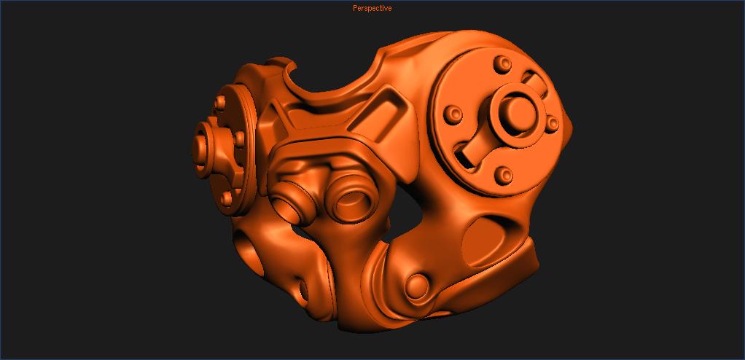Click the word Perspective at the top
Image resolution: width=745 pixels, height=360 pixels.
(x=372, y=9)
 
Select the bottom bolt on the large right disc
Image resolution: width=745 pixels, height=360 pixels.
(x=502, y=175)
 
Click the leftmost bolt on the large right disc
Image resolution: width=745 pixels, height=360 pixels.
(x=454, y=114)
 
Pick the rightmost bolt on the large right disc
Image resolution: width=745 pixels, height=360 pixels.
(x=553, y=123)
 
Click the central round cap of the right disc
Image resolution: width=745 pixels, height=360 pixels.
(x=518, y=111)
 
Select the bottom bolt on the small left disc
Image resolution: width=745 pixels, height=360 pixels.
(x=227, y=197)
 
